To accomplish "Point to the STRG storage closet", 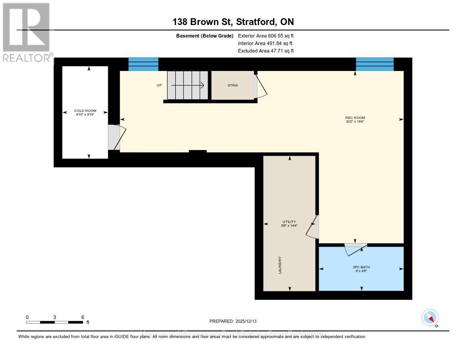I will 233,85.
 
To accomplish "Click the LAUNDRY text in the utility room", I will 280,265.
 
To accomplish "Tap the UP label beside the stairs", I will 159,85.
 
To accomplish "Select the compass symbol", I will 430,317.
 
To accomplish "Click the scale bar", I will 55,322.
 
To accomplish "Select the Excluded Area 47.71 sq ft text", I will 266,51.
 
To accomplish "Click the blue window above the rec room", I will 375,64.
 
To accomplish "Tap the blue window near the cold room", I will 143,64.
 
